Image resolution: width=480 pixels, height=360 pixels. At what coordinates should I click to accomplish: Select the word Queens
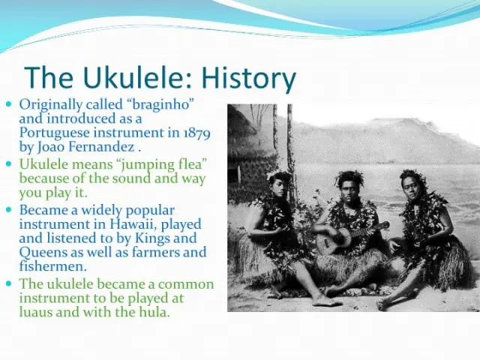(x=43, y=253)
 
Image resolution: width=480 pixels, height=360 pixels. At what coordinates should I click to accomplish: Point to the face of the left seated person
(x=278, y=187)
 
